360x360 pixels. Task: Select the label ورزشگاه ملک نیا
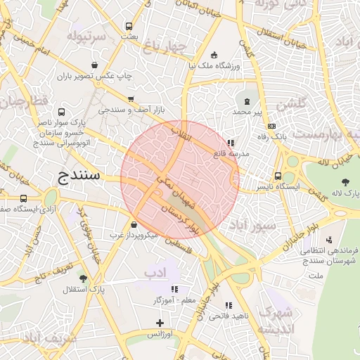click(x=214, y=66)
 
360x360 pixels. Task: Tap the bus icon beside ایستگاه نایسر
click(x=278, y=176)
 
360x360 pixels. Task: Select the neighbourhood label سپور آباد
click(x=258, y=226)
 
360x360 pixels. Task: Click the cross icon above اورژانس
click(x=160, y=323)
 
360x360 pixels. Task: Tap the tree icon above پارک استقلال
click(x=84, y=278)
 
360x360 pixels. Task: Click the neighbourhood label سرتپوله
click(x=86, y=34)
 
